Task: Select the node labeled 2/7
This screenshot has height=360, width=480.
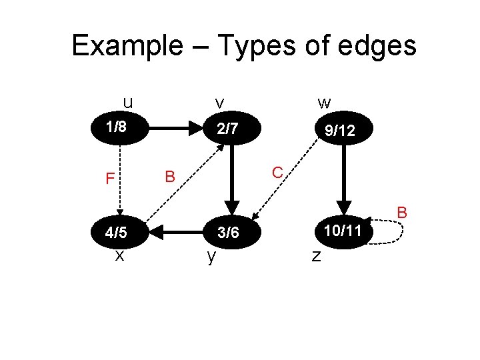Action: coord(228,128)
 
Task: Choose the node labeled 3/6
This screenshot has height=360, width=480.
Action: coord(228,233)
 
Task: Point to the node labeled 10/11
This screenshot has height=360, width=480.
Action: coord(344,231)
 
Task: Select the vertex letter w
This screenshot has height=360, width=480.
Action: coord(325,103)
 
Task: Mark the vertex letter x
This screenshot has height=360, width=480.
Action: coord(119,254)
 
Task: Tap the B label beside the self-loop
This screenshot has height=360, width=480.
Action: coord(402,213)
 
